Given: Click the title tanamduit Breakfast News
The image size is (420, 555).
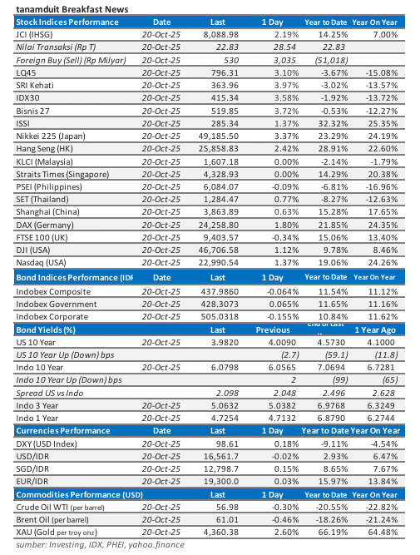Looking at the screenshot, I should pyautogui.click(x=62, y=7).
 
